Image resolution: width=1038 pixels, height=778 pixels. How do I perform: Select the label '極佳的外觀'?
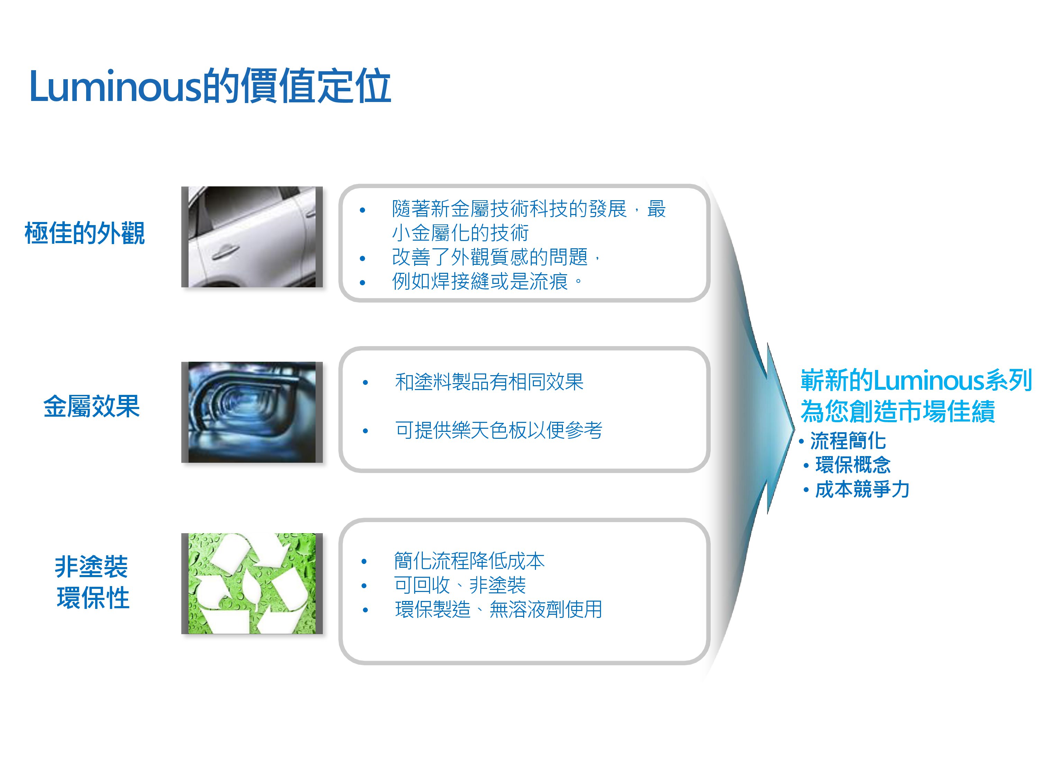(84, 233)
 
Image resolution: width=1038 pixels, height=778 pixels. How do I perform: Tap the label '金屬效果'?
(91, 406)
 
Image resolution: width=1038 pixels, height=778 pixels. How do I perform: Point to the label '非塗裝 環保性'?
(92, 582)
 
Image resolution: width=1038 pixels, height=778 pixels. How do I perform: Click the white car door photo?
(252, 237)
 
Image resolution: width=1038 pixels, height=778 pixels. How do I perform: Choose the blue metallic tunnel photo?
(252, 412)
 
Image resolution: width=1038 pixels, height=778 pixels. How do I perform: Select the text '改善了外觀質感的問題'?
(490, 257)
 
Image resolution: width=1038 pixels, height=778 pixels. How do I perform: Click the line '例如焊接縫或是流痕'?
(480, 281)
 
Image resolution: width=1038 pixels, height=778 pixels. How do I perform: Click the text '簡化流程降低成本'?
(469, 561)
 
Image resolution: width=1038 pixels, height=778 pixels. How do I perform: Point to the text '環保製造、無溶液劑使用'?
(498, 610)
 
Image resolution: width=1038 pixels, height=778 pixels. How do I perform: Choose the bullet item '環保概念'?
(853, 465)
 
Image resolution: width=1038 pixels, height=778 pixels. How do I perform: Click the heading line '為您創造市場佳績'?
(898, 411)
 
